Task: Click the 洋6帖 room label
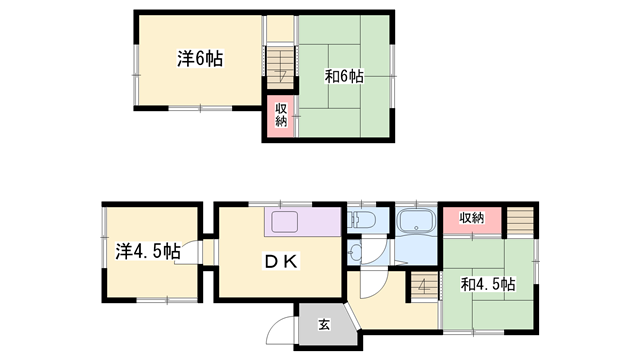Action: tap(200, 59)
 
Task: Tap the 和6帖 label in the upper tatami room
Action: tap(344, 76)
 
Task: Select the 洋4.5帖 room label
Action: tap(148, 251)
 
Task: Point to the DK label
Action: tap(282, 261)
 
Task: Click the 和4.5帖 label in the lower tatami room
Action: tap(488, 284)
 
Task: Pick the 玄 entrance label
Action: tap(324, 325)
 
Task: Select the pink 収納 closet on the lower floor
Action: tap(472, 220)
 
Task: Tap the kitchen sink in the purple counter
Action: tap(285, 222)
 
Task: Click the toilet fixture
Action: tap(361, 220)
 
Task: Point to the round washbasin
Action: tap(354, 251)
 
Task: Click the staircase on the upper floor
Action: tap(280, 67)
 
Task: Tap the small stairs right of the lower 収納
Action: tap(520, 221)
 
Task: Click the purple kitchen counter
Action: tap(302, 222)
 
